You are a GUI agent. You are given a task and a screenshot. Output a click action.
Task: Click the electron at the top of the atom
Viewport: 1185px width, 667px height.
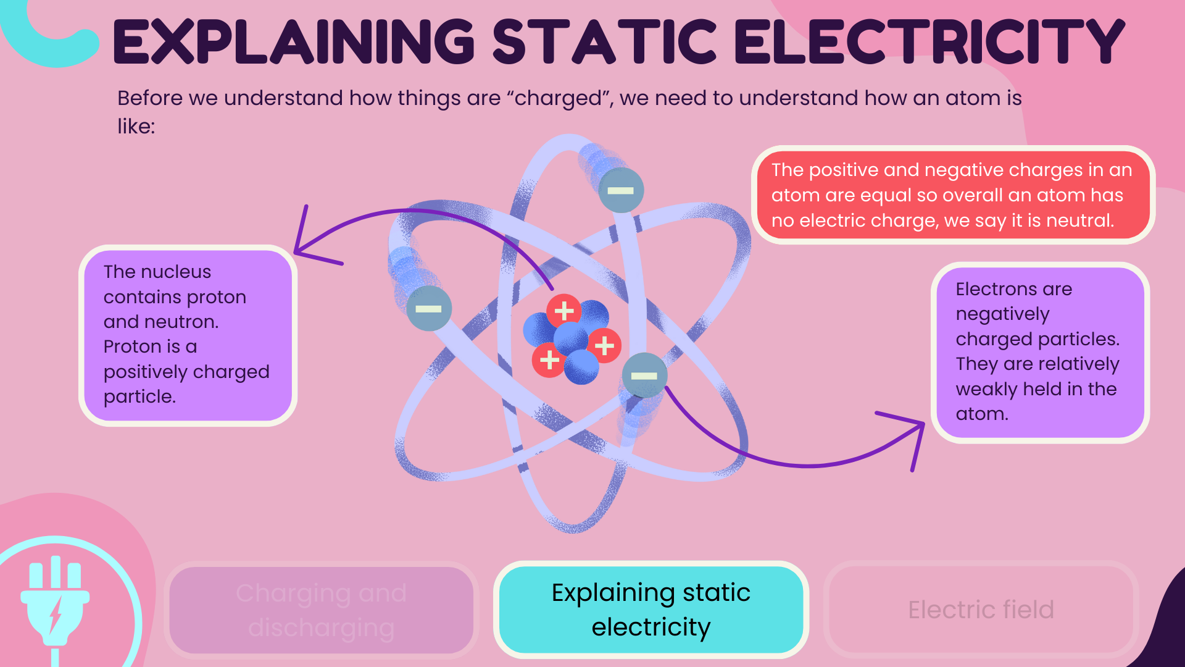point(620,190)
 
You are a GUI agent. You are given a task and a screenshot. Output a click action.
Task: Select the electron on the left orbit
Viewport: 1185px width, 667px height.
point(428,308)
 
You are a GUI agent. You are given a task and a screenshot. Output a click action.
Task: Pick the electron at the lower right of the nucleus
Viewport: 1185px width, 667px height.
point(644,375)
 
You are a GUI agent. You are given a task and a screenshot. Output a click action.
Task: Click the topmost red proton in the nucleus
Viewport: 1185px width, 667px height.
point(563,311)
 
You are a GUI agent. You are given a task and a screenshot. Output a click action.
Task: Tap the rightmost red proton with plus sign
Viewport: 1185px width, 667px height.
point(604,345)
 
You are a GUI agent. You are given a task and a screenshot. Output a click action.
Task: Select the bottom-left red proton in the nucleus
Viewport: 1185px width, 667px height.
point(549,360)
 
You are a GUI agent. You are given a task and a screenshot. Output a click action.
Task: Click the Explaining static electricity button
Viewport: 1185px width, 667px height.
point(651,610)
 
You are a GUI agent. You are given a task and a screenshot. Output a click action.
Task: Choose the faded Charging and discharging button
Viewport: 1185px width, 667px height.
point(321,610)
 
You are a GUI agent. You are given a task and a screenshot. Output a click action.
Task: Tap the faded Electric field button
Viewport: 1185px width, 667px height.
point(981,610)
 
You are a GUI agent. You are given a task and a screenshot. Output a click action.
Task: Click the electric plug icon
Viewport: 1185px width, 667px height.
point(56,602)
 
